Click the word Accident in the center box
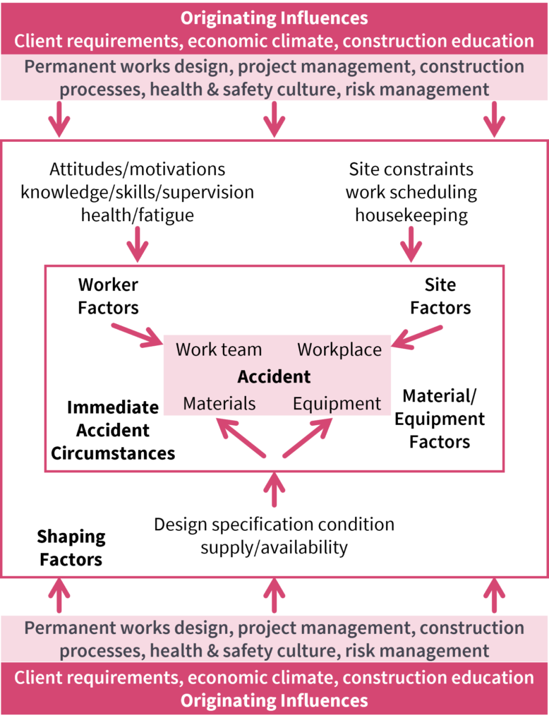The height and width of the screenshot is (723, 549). (274, 376)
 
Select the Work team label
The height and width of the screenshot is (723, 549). (219, 349)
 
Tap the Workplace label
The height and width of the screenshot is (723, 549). (339, 349)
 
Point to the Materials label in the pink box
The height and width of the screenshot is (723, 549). (219, 404)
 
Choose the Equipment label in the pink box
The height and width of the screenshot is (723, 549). (337, 404)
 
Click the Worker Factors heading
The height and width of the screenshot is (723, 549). (108, 296)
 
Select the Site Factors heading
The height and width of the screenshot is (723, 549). (440, 296)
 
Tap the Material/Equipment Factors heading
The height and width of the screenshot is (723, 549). (439, 419)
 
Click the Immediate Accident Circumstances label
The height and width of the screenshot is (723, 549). (112, 430)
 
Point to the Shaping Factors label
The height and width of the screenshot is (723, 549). (71, 548)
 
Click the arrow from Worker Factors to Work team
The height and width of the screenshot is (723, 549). (137, 335)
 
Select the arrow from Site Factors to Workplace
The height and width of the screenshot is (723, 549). (417, 336)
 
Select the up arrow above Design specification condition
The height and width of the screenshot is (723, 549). (274, 490)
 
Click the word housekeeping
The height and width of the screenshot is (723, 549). (411, 215)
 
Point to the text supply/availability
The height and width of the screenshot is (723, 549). (274, 547)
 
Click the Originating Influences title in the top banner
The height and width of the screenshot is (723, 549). (274, 18)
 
